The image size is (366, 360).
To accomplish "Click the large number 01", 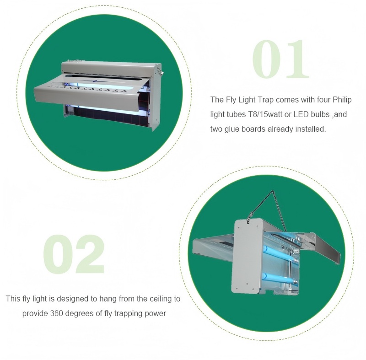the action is [x=280, y=59].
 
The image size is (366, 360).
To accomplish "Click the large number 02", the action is [x=74, y=254].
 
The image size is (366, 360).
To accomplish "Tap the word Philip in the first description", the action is [x=342, y=100].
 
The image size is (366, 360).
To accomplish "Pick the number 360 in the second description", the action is [x=56, y=313].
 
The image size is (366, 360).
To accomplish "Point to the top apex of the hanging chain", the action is [x=272, y=191].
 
